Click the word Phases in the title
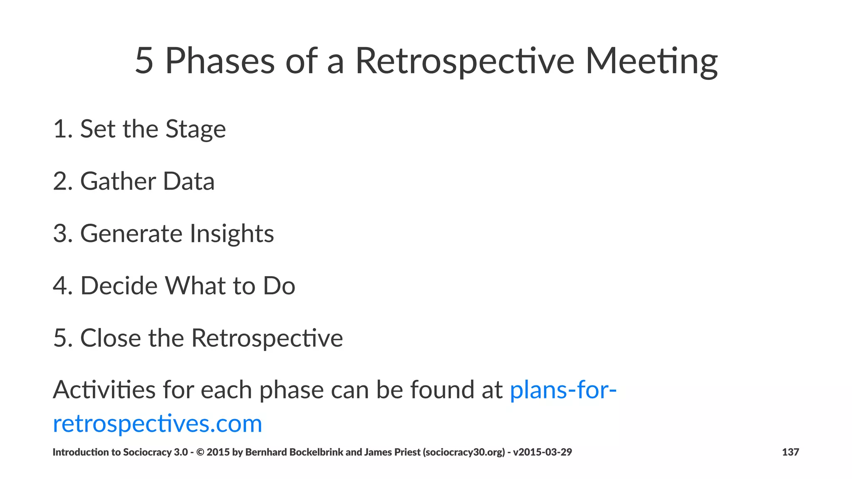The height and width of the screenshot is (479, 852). pyautogui.click(x=220, y=62)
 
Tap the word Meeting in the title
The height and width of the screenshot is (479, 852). pyautogui.click(x=651, y=62)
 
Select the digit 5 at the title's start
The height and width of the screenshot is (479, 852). pyautogui.click(x=144, y=62)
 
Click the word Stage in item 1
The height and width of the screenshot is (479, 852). pyautogui.click(x=196, y=129)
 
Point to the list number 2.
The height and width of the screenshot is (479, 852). pyautogui.click(x=61, y=181)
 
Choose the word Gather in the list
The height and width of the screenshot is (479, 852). pyautogui.click(x=118, y=181)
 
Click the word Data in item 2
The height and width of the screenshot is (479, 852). pyautogui.click(x=188, y=181)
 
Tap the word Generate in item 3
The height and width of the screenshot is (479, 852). pyautogui.click(x=131, y=234)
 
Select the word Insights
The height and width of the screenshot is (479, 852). pyautogui.click(x=232, y=234)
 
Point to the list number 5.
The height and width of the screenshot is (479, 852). pyautogui.click(x=61, y=338)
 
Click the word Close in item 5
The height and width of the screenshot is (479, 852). pyautogui.click(x=110, y=338)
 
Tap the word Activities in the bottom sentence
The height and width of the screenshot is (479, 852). pyautogui.click(x=104, y=390)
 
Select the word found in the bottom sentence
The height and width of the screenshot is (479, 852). pyautogui.click(x=442, y=390)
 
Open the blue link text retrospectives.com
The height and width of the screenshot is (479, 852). pyautogui.click(x=157, y=424)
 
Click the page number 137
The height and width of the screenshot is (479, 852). pyautogui.click(x=790, y=452)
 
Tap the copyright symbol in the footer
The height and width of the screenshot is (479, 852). pyautogui.click(x=200, y=452)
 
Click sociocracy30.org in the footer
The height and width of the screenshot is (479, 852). pyautogui.click(x=464, y=452)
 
